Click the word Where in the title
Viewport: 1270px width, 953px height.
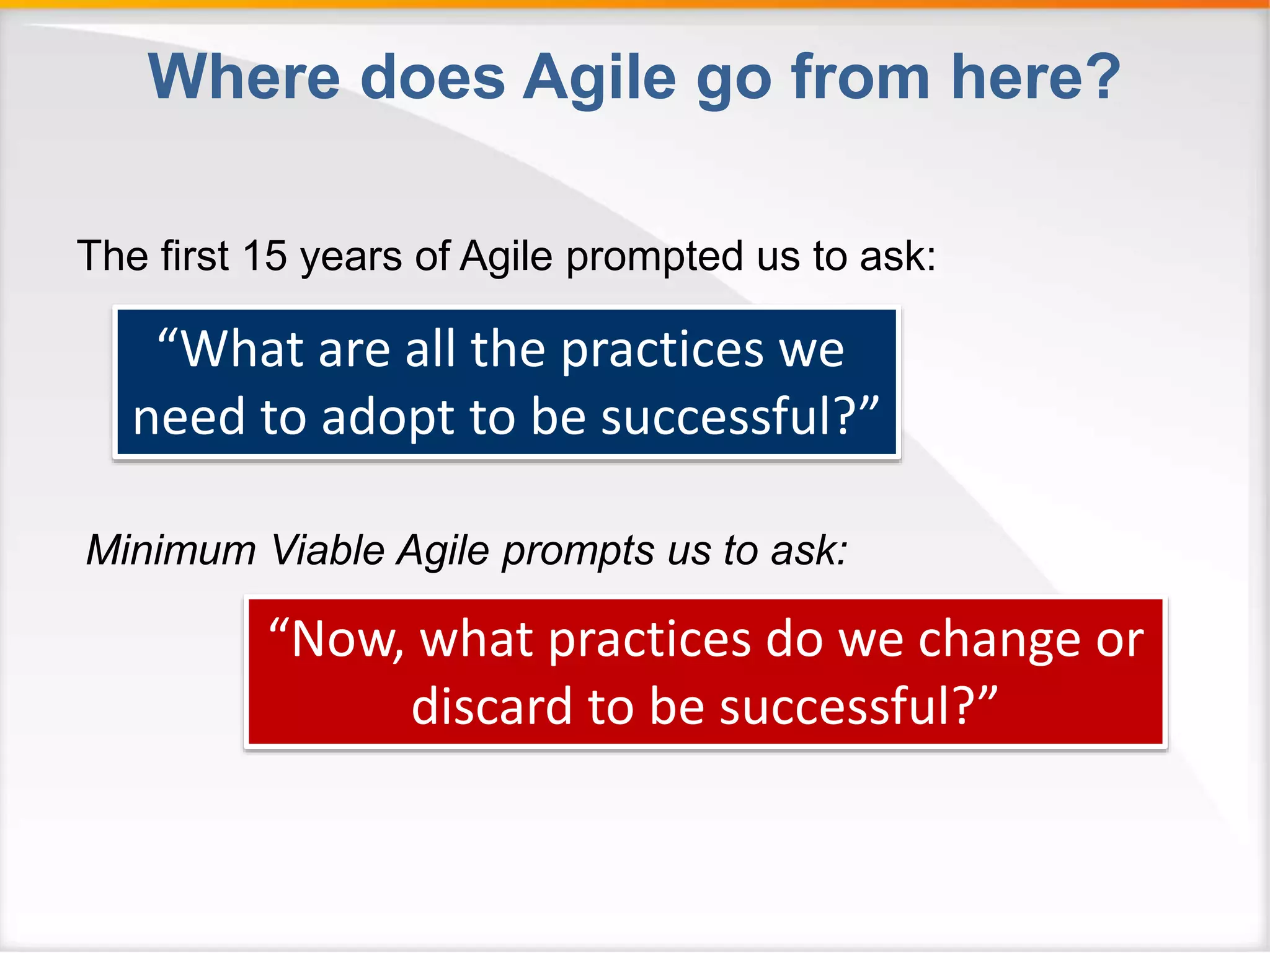(244, 77)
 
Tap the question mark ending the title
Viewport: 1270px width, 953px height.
(1100, 77)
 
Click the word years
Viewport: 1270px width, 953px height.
(351, 257)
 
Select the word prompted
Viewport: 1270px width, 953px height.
(654, 257)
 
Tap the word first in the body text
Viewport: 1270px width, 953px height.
(195, 256)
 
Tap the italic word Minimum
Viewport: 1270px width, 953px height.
(171, 550)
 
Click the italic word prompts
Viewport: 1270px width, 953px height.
(577, 551)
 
